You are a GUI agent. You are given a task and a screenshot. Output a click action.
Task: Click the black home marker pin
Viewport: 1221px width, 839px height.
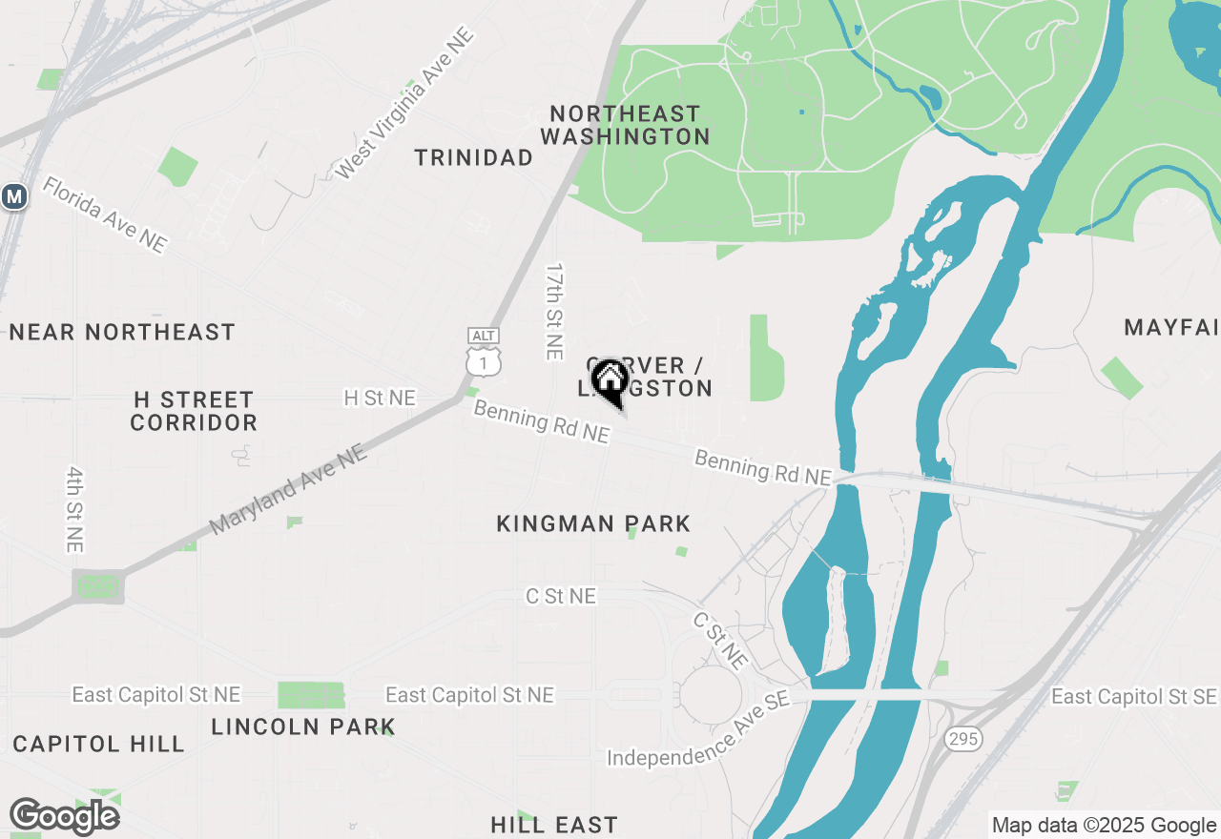click(x=610, y=380)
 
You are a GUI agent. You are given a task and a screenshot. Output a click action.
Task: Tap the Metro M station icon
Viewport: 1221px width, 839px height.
click(x=13, y=196)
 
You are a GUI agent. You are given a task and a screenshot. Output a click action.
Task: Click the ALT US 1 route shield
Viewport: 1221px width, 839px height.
click(x=484, y=352)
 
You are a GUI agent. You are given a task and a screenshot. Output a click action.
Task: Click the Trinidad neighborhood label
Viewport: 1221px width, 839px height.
click(x=473, y=157)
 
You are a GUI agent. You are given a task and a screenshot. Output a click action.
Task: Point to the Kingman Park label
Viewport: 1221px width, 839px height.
click(x=593, y=523)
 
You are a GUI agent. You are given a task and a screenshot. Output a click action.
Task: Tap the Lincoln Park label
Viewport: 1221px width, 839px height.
click(x=303, y=726)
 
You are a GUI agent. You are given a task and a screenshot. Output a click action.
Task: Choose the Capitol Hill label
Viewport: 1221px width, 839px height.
click(x=98, y=744)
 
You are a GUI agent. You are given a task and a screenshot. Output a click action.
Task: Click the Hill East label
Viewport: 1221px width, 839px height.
click(x=554, y=825)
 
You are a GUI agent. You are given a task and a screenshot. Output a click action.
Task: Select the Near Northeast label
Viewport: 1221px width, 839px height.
click(x=122, y=332)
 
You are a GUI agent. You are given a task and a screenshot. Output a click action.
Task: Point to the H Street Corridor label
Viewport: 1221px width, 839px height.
click(x=194, y=411)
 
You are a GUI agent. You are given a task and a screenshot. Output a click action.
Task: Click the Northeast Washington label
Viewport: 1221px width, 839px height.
click(x=626, y=125)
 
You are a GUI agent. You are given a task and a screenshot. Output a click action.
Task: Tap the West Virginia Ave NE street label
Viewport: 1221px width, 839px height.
click(x=404, y=104)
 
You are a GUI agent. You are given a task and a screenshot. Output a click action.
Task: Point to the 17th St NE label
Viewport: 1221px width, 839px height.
click(x=554, y=312)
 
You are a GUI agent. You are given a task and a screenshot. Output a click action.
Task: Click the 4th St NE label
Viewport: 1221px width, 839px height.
click(x=75, y=509)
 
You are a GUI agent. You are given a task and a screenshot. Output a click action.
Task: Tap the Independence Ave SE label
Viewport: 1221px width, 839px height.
click(x=699, y=731)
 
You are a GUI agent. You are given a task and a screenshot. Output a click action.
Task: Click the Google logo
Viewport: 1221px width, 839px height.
click(x=65, y=817)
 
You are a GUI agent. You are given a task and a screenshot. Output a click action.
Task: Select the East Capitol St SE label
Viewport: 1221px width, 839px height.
click(x=1134, y=697)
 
